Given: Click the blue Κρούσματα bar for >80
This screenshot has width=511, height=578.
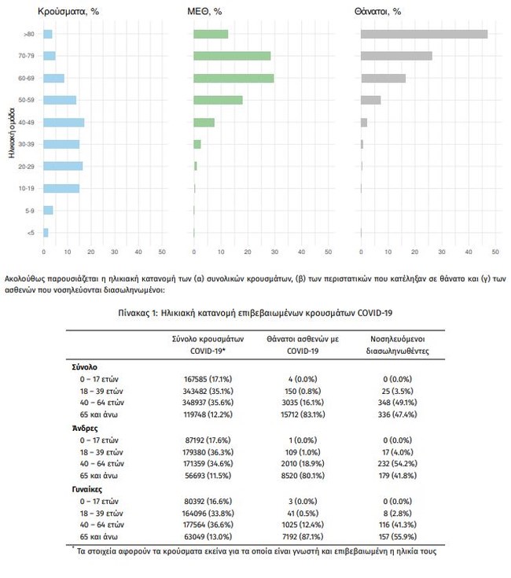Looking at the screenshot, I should (48, 34).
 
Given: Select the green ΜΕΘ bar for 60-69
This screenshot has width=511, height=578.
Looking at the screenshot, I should (233, 78).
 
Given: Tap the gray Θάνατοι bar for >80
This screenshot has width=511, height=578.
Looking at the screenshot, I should (424, 34).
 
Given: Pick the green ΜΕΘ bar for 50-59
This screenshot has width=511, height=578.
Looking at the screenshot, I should (218, 100).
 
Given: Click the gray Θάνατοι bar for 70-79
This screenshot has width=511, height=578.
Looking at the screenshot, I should (396, 56).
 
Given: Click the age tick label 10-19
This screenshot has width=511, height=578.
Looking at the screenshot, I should (25, 188).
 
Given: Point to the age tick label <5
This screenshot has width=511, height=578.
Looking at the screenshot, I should (28, 233).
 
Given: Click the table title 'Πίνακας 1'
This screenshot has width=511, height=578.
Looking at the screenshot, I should (255, 312).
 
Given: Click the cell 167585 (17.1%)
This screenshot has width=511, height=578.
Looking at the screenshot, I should (200, 379).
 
